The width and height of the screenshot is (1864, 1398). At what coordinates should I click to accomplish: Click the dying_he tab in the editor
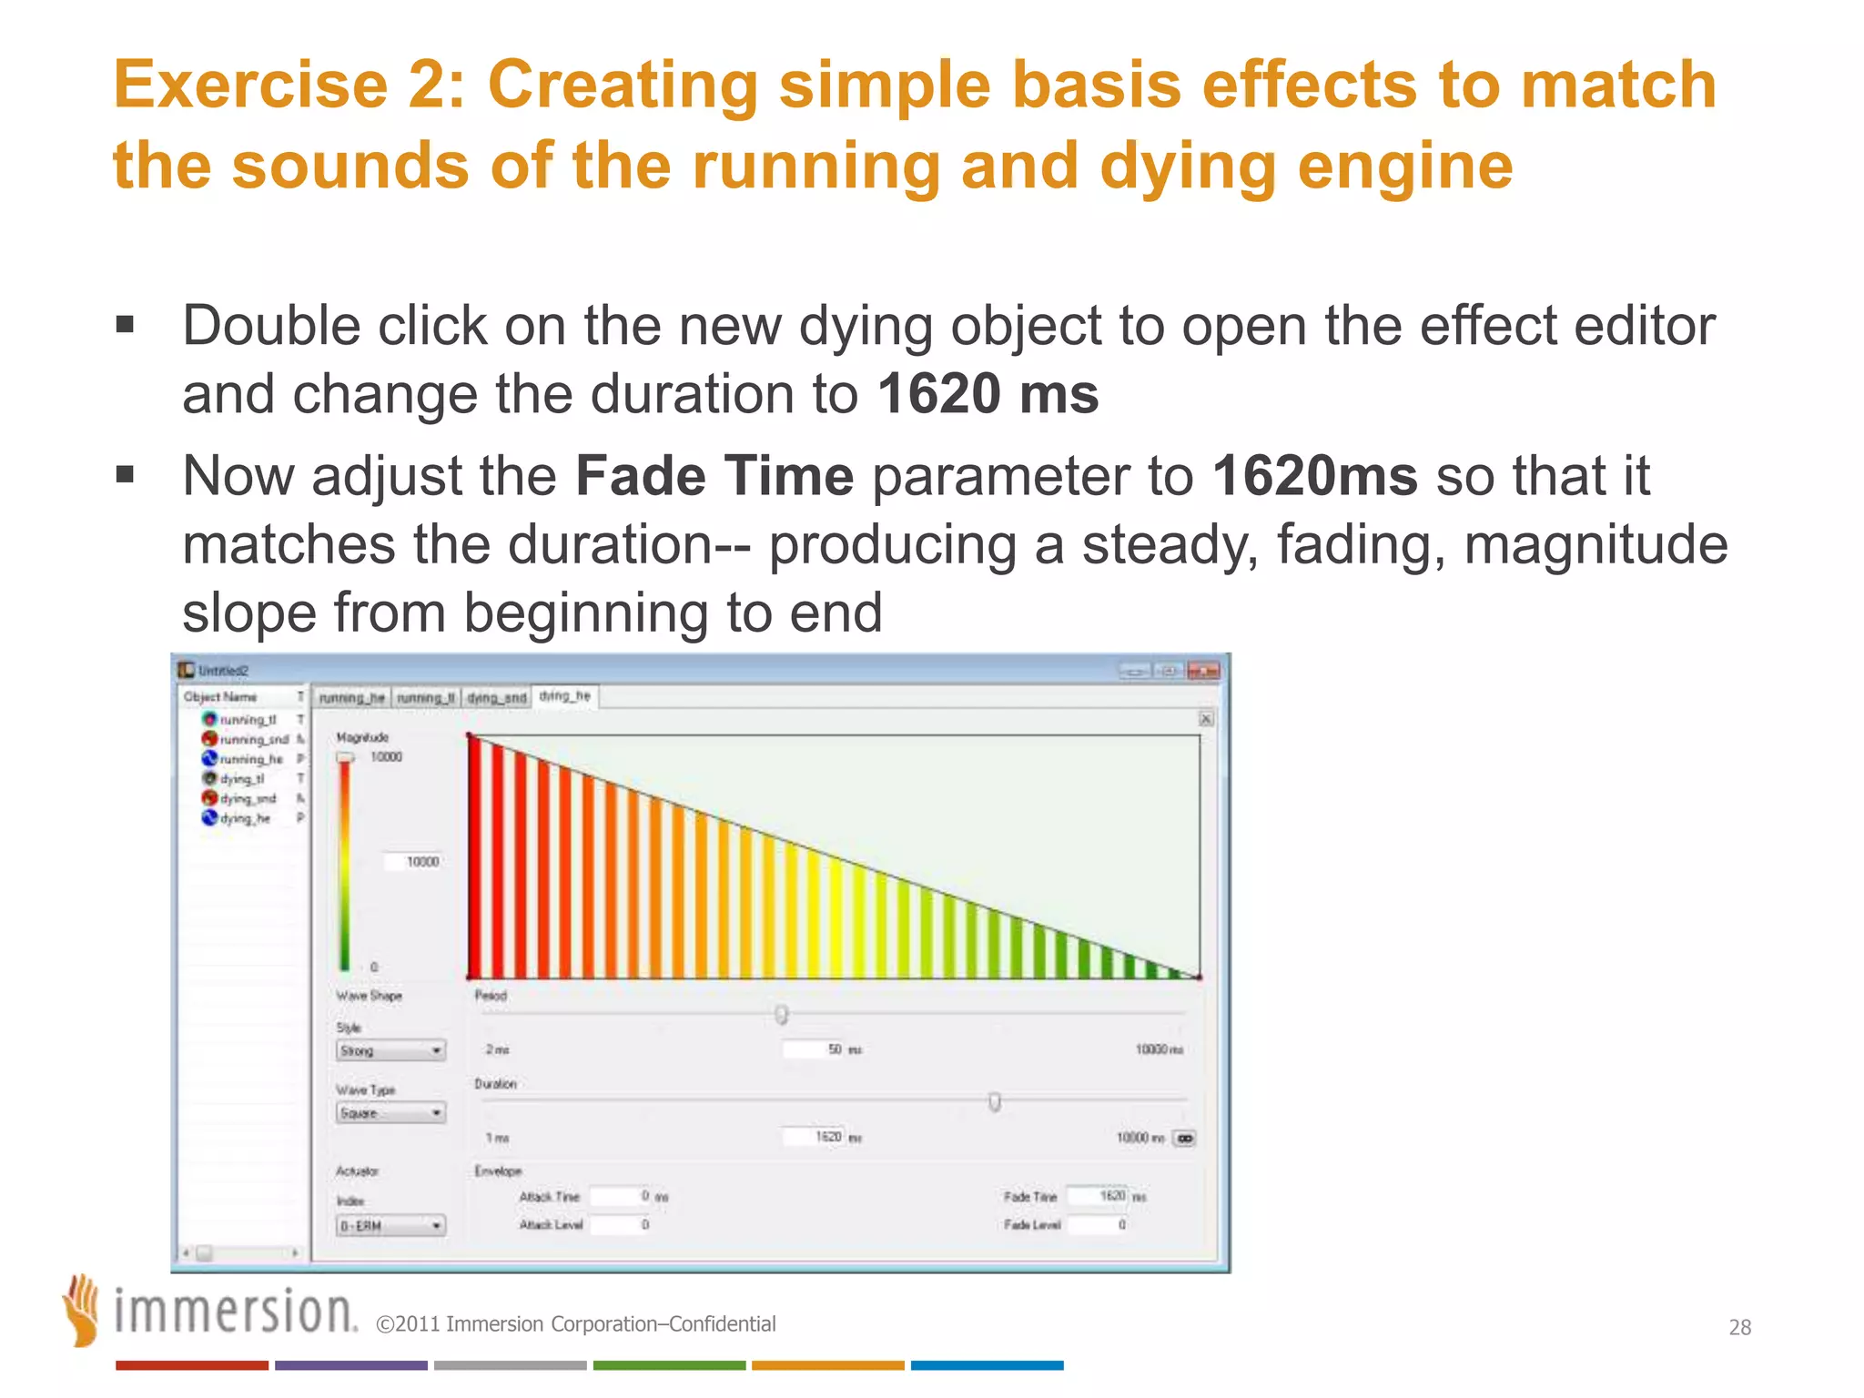coord(565,696)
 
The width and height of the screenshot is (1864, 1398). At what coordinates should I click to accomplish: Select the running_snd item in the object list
coord(252,739)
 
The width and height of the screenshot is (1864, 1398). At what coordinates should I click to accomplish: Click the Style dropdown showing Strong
coord(390,1050)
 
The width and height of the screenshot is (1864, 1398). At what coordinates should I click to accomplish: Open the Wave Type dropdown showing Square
coord(390,1113)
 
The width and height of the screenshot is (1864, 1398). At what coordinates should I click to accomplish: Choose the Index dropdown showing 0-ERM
coord(390,1226)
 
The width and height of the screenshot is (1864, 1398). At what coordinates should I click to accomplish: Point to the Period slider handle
coord(782,1014)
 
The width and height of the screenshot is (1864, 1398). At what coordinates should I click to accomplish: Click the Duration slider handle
coord(995,1102)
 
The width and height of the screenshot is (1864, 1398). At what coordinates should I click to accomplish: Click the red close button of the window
coord(1202,671)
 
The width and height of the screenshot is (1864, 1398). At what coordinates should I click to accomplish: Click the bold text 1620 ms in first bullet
coord(988,394)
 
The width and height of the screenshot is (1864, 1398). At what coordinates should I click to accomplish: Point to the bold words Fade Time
coord(714,476)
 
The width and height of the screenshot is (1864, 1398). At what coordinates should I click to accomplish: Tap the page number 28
coord(1739,1327)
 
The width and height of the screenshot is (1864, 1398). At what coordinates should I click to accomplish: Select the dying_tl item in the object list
coord(242,779)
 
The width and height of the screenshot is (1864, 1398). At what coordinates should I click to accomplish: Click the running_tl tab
coord(425,698)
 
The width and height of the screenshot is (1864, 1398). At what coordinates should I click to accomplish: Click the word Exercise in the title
coord(250,85)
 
